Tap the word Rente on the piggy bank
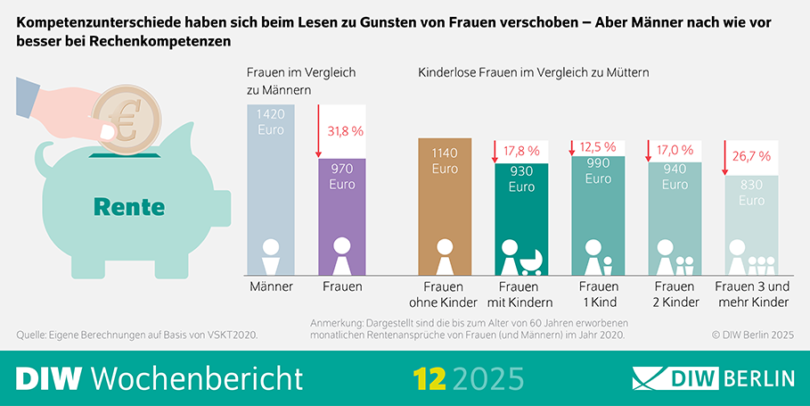(x=129, y=207)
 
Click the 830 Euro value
(x=750, y=194)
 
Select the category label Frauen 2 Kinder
(x=675, y=294)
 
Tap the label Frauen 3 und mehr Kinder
(x=752, y=294)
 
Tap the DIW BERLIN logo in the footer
(x=713, y=378)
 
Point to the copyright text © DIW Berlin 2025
(x=752, y=335)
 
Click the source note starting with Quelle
(x=143, y=335)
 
